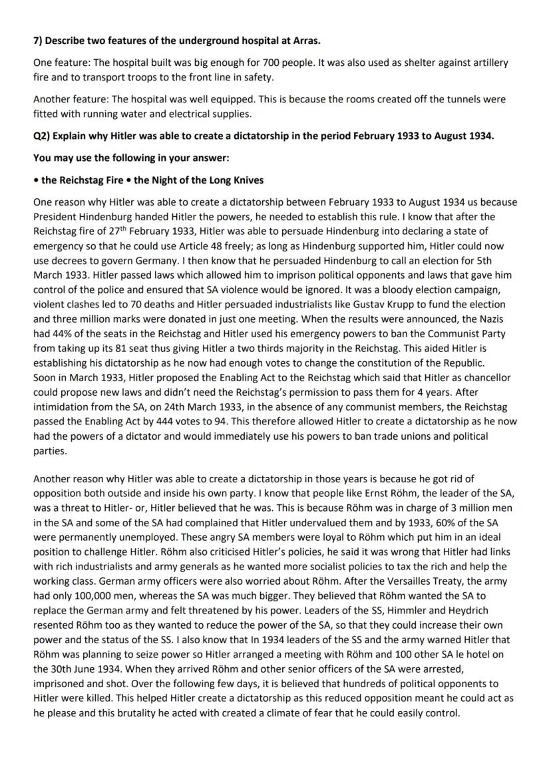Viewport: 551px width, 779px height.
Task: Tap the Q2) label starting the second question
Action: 42,142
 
